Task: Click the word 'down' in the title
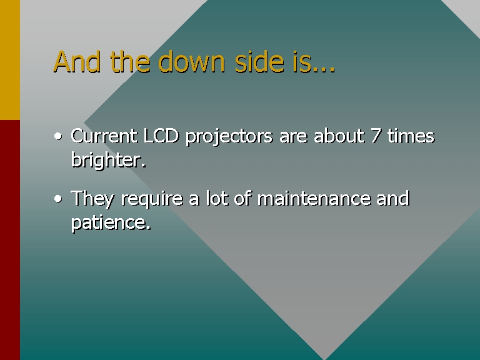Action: [192, 61]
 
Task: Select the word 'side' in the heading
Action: [259, 61]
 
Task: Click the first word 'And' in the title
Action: [77, 61]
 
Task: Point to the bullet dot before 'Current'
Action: [58, 136]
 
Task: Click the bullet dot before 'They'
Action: [58, 199]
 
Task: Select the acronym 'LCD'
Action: [161, 136]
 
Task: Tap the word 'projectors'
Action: [229, 137]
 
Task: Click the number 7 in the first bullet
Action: [376, 136]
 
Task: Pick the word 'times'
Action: [411, 136]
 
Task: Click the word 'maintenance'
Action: [313, 199]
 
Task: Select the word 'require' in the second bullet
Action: [151, 199]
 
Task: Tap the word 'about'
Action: [339, 136]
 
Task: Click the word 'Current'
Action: [104, 136]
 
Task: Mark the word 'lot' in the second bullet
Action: [217, 199]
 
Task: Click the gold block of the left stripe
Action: [10, 60]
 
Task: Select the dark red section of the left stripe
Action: [10, 240]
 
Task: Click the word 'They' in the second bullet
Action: [92, 199]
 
